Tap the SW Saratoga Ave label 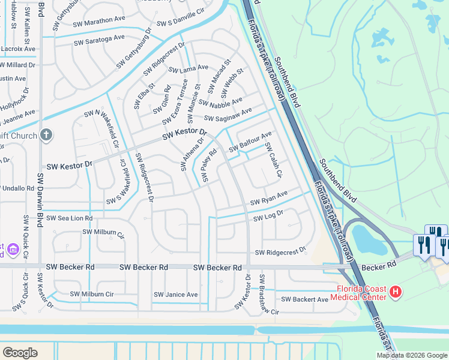point(99,40)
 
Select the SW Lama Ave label point(188,69)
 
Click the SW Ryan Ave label point(269,197)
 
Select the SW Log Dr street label point(268,216)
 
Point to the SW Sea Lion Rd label point(70,218)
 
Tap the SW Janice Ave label point(175,295)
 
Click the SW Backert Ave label point(305,299)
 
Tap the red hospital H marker point(395,292)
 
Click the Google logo point(20,352)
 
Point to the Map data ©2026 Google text point(411,355)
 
